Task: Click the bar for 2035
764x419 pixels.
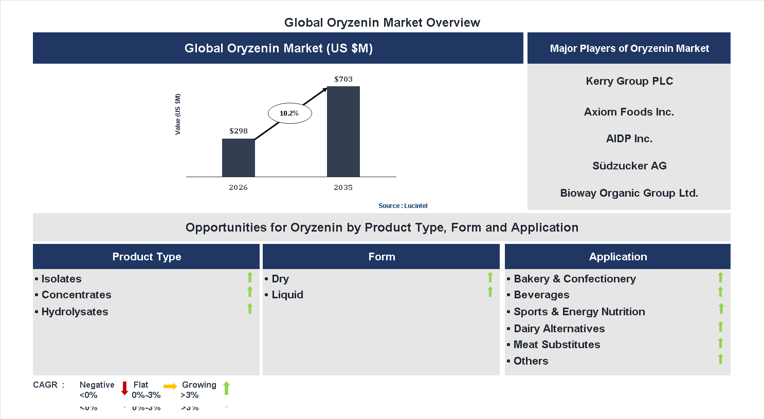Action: click(x=343, y=131)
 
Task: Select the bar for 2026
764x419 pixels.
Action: click(x=238, y=158)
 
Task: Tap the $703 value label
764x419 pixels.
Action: click(x=343, y=79)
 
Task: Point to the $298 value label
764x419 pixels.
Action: click(x=239, y=131)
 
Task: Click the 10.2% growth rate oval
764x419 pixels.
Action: click(x=289, y=113)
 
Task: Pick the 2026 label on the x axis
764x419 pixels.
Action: click(x=238, y=187)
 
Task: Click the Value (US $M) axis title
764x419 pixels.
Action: click(x=178, y=114)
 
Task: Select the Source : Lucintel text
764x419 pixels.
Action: click(x=403, y=206)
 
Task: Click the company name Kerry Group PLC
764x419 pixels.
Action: click(x=629, y=81)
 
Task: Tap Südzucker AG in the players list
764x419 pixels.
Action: click(x=629, y=166)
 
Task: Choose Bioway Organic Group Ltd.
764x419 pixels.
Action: click(x=629, y=193)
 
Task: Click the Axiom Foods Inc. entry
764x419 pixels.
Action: click(x=629, y=112)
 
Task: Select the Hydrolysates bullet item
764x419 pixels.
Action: click(x=75, y=312)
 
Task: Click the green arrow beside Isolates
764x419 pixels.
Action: click(x=250, y=277)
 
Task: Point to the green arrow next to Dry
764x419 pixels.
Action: click(x=490, y=277)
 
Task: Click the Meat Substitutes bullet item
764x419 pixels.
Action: click(x=556, y=345)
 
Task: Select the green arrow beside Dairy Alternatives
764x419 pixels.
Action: click(x=720, y=327)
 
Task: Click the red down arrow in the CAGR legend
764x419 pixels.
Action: click(x=124, y=388)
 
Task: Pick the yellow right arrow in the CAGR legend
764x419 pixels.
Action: click(x=170, y=386)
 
